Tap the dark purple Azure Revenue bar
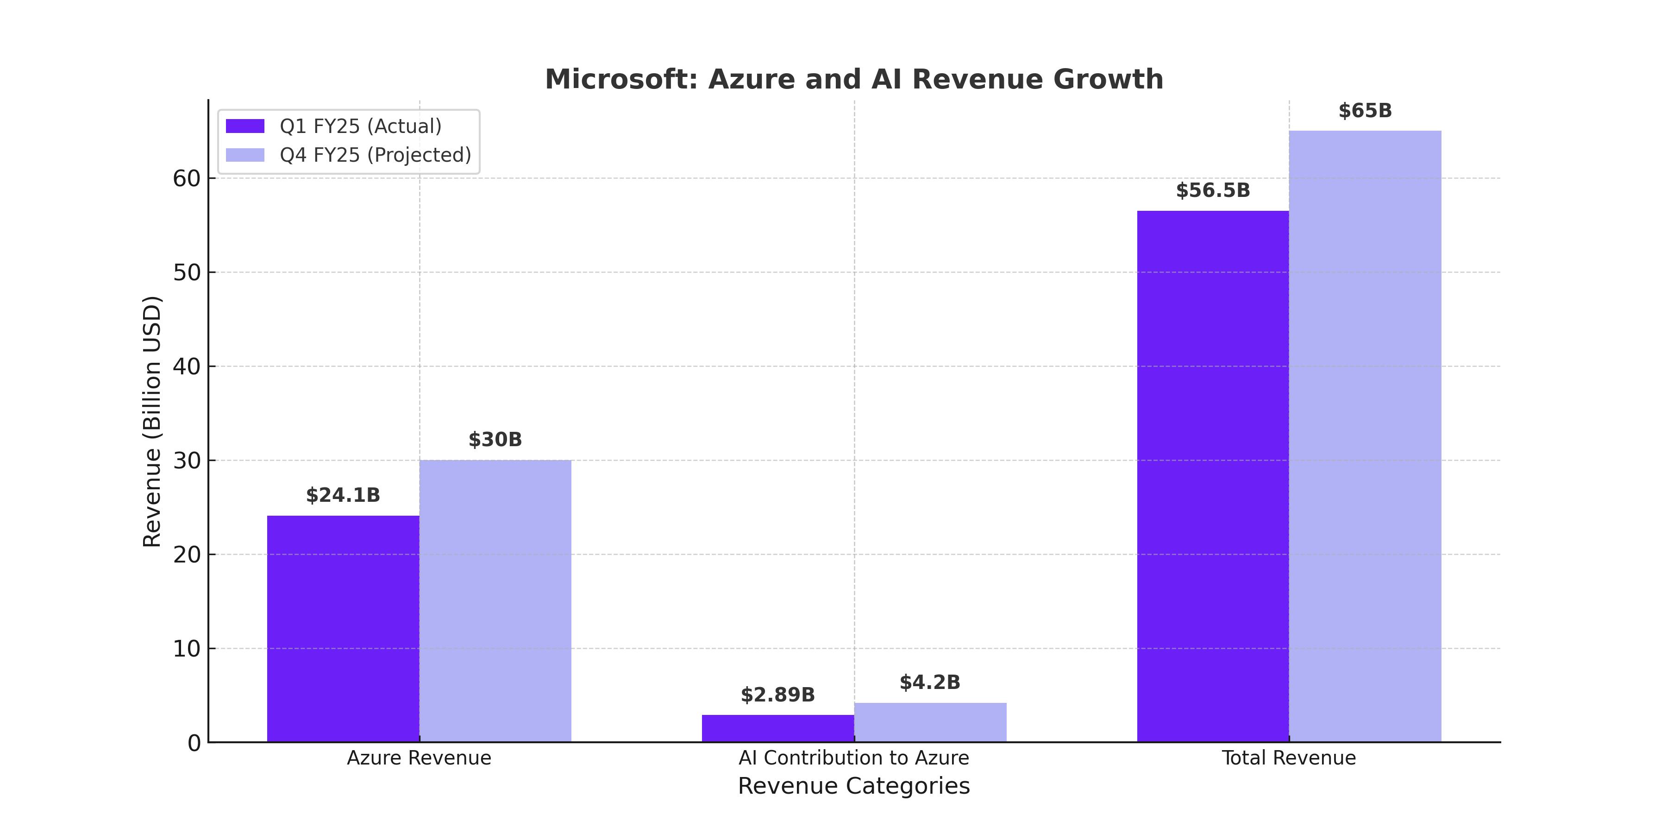point(343,628)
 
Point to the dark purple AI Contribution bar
point(778,728)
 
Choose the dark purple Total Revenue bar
point(1213,476)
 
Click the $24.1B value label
point(343,495)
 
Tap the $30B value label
point(495,440)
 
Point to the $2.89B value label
point(778,695)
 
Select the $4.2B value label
point(930,682)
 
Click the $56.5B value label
point(1213,190)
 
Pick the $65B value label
point(1365,111)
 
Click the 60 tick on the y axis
point(186,179)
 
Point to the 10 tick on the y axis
point(186,649)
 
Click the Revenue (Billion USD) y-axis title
point(151,421)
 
